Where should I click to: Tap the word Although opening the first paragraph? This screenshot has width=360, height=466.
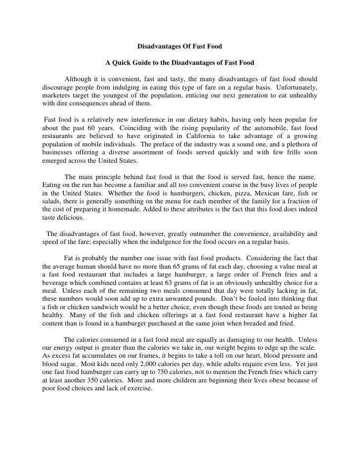tap(81, 80)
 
